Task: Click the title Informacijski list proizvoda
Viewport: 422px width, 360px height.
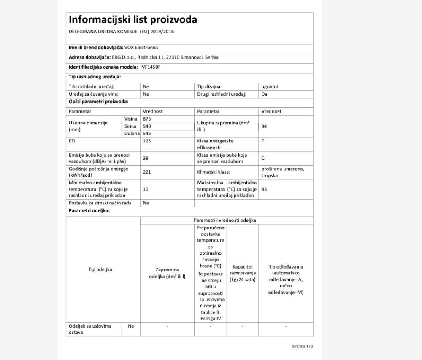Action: [x=133, y=20]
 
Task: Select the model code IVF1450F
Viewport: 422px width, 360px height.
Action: [x=151, y=67]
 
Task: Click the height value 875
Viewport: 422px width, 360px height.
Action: [x=147, y=119]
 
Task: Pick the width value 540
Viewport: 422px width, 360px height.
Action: [x=147, y=126]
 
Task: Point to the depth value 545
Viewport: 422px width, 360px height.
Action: [x=147, y=133]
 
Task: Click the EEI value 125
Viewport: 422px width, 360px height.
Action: [x=147, y=141]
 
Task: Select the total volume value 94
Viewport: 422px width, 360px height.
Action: [x=264, y=126]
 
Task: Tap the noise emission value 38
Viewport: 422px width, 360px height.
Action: [x=146, y=158]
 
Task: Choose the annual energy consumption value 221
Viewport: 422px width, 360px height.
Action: [x=147, y=172]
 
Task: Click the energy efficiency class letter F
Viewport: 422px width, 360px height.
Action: [x=263, y=141]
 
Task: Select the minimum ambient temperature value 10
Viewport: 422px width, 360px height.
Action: [x=146, y=189]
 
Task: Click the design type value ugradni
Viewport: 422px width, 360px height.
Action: [x=270, y=86]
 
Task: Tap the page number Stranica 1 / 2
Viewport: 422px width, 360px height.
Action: [x=303, y=346]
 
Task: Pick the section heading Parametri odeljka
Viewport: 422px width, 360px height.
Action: [x=89, y=210]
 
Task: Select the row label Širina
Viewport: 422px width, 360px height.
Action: [x=130, y=126]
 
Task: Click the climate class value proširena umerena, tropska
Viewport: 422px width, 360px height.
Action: [x=282, y=172]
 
